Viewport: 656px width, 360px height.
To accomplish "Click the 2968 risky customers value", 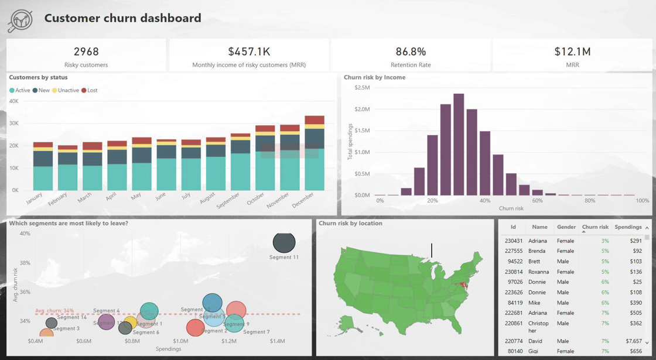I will coord(86,52).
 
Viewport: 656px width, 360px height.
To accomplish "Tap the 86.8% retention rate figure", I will coord(411,52).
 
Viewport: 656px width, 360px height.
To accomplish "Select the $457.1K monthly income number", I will coord(249,52).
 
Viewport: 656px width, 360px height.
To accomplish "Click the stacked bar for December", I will coord(315,153).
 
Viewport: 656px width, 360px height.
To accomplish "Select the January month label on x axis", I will coord(35,199).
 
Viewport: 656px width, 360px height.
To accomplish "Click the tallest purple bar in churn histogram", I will coord(459,144).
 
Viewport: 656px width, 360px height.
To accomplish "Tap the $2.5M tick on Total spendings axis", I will coord(362,88).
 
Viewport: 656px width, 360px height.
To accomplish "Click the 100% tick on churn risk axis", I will coord(642,201).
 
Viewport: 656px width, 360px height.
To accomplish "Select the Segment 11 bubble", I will coord(284,242).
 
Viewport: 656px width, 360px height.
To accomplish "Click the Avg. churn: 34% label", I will coord(54,311).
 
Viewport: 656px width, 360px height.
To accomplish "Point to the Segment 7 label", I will coord(256,332).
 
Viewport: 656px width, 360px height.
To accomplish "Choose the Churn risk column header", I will coord(595,227).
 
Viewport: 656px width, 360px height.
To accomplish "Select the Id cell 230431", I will coord(514,241).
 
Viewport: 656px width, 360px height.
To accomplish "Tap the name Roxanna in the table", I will coord(538,272).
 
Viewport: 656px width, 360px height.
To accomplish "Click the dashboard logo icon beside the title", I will coord(20,20).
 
